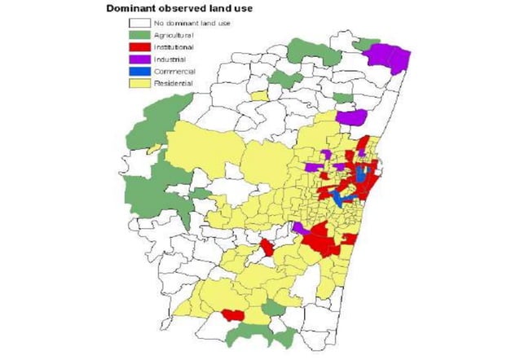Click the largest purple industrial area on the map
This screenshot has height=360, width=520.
coord(387,58)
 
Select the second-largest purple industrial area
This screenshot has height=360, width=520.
coord(350,116)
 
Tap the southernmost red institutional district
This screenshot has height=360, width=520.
coord(233,315)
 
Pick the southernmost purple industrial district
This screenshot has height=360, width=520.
coord(299,227)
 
